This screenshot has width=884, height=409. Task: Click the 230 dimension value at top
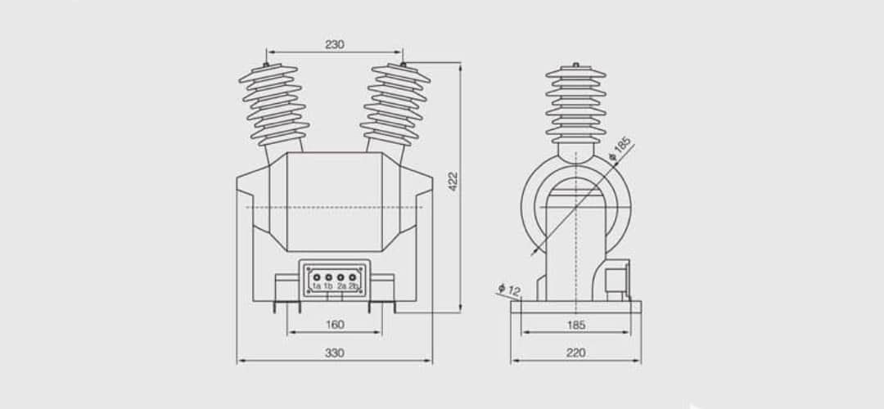pos(335,45)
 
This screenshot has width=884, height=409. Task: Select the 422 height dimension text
pos(453,181)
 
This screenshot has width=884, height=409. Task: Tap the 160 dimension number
pos(335,325)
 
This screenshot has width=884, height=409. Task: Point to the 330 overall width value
pos(335,353)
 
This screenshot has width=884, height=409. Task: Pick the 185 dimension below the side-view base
pos(575,325)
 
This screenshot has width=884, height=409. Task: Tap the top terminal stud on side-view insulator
pos(575,65)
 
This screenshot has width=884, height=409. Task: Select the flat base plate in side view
pos(575,307)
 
